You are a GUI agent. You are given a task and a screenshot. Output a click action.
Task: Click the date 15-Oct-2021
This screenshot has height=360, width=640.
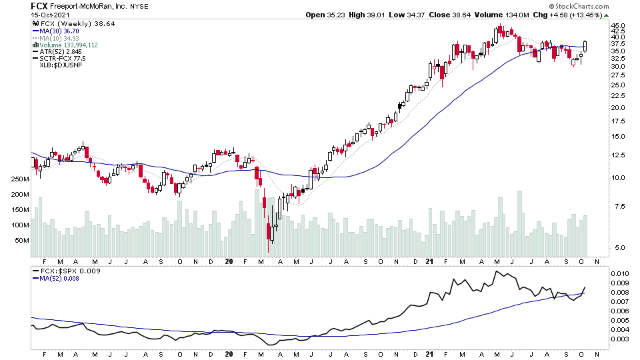coord(49,15)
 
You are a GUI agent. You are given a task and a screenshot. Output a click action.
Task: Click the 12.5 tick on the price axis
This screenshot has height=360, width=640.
coord(618,155)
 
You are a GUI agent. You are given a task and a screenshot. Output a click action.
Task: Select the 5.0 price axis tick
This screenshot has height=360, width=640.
coord(618,248)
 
